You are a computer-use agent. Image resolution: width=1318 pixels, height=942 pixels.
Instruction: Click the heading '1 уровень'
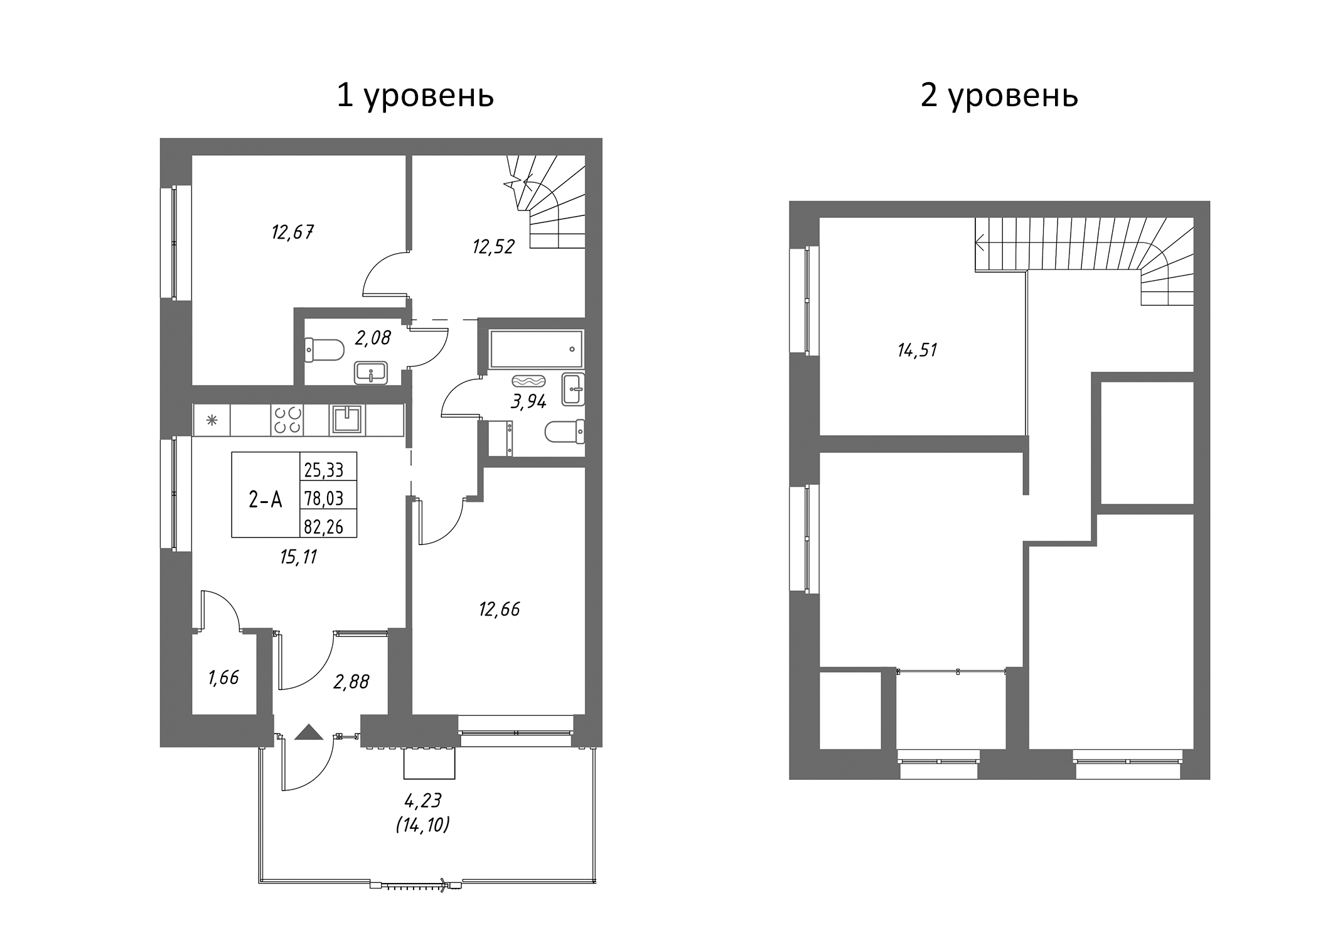click(415, 96)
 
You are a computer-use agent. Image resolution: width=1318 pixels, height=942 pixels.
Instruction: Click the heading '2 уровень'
click(999, 96)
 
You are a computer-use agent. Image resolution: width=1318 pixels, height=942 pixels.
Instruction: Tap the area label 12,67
click(292, 233)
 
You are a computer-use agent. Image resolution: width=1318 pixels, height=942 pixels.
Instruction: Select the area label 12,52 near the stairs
click(493, 247)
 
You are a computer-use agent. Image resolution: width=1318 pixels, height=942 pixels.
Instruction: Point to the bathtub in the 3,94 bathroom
click(536, 349)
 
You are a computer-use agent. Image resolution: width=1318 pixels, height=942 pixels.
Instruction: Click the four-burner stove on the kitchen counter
click(286, 420)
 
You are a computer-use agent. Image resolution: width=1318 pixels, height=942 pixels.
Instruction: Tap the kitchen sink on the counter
click(347, 420)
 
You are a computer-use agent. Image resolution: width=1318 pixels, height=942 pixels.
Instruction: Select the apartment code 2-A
click(265, 500)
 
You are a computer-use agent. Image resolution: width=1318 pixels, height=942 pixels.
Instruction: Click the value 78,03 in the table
click(324, 499)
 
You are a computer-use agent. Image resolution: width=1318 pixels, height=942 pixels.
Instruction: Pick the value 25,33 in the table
click(324, 469)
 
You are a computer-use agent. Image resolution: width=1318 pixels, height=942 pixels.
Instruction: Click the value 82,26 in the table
click(324, 527)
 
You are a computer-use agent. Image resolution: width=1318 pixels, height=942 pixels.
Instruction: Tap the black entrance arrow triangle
click(308, 733)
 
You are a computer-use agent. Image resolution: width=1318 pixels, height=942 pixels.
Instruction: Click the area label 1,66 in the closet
click(223, 678)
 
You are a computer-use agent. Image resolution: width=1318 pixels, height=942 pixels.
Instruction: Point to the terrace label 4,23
click(423, 800)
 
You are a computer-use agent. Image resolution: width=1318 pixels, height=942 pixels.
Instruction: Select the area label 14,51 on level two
click(917, 350)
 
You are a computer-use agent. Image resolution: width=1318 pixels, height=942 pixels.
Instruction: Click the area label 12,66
click(500, 609)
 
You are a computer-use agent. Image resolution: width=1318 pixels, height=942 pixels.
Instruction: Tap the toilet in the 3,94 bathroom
click(564, 431)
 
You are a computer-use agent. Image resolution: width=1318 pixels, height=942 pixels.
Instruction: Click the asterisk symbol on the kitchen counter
click(212, 420)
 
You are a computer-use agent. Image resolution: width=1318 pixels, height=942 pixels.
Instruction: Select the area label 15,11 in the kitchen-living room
click(299, 557)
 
